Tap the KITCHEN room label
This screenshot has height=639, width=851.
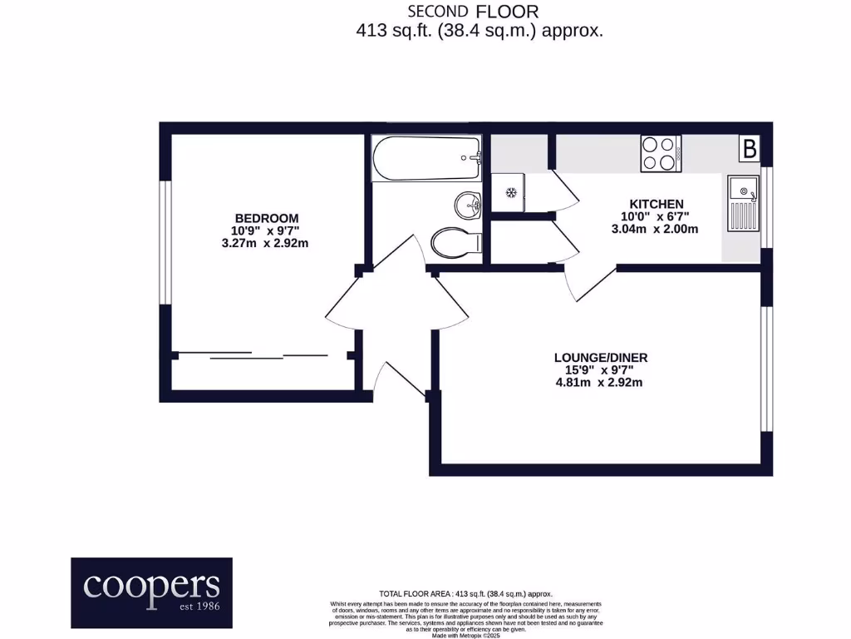click(656, 204)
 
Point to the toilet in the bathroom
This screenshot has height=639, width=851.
click(456, 243)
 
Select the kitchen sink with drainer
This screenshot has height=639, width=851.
click(742, 204)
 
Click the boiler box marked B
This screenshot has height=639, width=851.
click(750, 150)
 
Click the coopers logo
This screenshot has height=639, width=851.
click(151, 592)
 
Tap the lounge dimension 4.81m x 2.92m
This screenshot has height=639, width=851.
click(600, 383)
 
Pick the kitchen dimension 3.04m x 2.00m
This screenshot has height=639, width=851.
click(656, 230)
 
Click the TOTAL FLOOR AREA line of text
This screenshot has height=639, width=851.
click(465, 593)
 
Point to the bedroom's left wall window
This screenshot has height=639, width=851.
click(165, 241)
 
